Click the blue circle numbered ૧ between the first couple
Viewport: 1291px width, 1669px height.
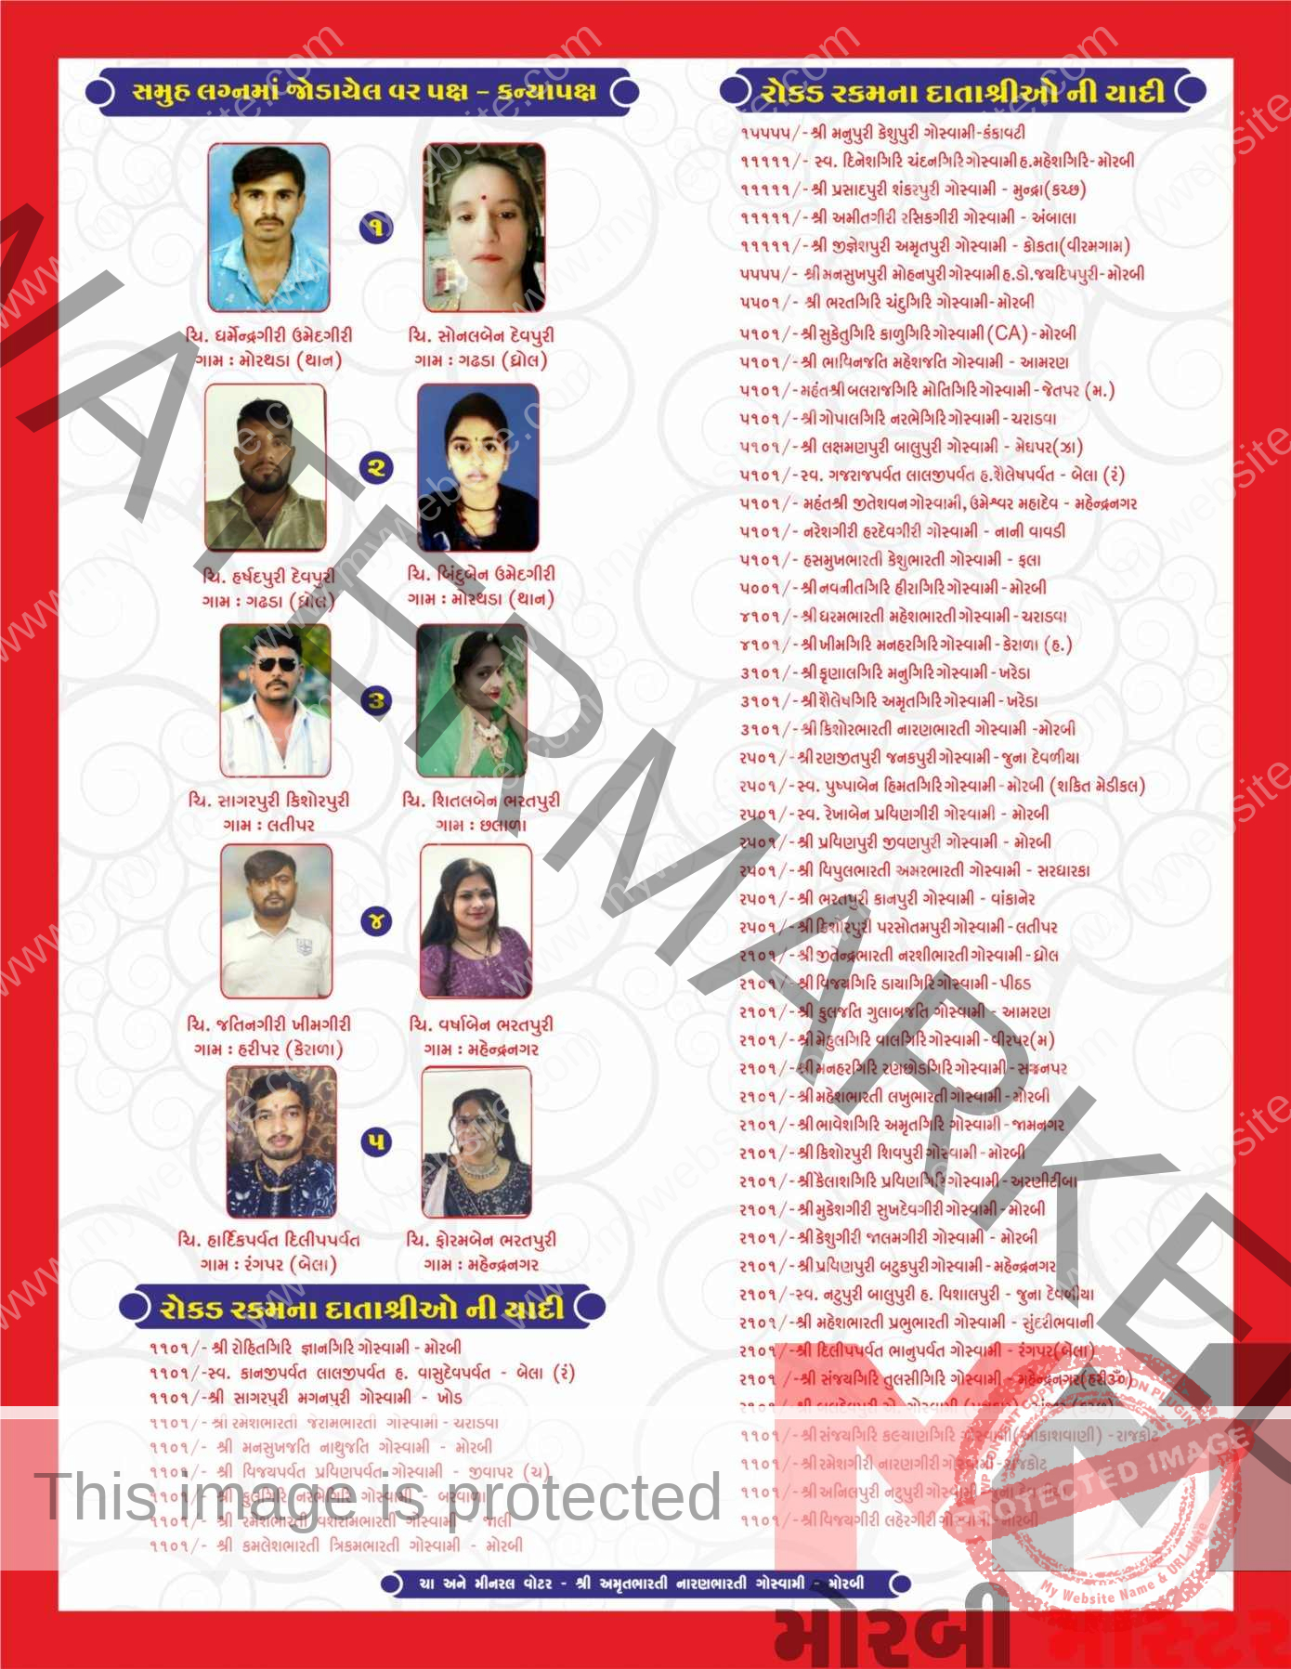pos(376,227)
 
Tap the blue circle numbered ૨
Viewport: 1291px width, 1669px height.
pos(376,467)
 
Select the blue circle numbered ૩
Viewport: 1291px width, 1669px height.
pos(376,700)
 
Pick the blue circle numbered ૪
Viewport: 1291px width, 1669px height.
pos(376,921)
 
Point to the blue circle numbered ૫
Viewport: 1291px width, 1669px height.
pos(376,1141)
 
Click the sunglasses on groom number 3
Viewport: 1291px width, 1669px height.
pos(276,663)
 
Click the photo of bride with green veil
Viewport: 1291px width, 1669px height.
pos(473,700)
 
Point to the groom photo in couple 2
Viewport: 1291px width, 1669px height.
pos(266,467)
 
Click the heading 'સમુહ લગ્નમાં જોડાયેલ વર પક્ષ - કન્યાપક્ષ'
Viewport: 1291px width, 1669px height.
pos(363,92)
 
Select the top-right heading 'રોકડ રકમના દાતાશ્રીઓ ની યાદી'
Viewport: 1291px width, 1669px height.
pos(962,92)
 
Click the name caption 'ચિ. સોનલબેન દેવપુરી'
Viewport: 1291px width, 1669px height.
pos(481,335)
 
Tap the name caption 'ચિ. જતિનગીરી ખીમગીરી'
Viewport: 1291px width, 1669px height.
pos(269,1024)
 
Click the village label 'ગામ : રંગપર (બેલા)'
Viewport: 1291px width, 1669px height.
pos(268,1264)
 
